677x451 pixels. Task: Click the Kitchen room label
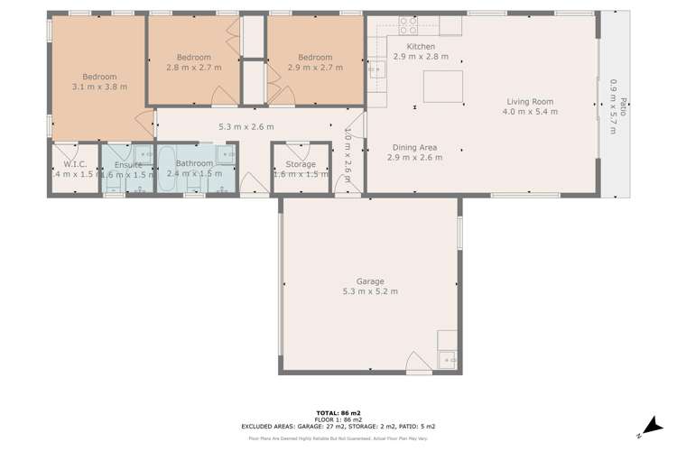[421, 47]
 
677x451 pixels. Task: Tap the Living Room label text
[530, 102]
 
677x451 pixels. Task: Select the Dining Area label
[414, 147]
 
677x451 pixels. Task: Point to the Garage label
[370, 281]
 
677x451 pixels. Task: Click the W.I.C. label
[75, 164]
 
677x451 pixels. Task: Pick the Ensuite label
[128, 164]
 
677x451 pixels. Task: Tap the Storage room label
[301, 164]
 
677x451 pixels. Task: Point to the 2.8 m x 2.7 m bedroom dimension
[193, 67]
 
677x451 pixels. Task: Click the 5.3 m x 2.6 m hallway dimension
[246, 127]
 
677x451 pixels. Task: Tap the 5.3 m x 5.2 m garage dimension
[370, 291]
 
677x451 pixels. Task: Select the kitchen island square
[442, 87]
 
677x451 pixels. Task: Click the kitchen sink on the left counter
[375, 68]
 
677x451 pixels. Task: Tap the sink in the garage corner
[448, 361]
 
